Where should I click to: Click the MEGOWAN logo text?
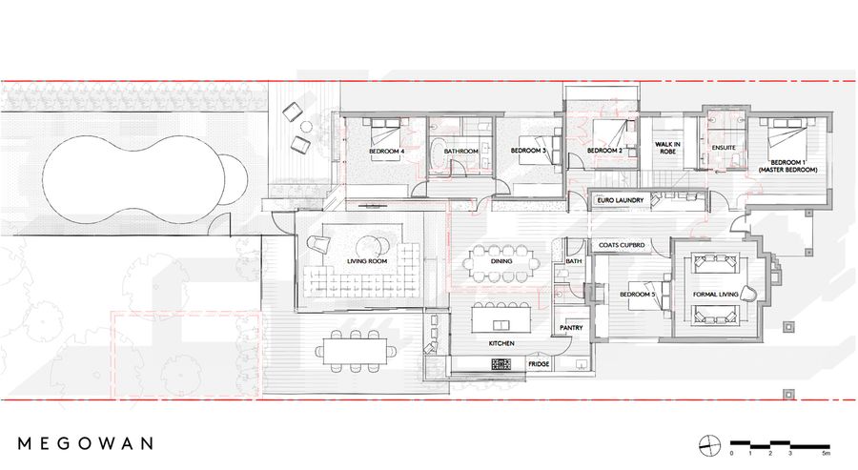86,442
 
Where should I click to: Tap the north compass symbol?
709,445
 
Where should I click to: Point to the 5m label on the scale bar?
827,453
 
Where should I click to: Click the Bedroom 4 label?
386,151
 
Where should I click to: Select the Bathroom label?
460,151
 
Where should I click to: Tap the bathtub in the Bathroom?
437,157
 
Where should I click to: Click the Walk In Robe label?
667,148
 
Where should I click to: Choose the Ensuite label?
724,148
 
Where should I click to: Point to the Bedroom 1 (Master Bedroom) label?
788,166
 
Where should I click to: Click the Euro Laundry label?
621,200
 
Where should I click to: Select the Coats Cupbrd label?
622,245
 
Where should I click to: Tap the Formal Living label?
715,295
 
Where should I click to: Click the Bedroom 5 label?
638,295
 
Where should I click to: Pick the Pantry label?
571,328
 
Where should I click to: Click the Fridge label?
539,364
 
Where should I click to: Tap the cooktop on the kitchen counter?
501,364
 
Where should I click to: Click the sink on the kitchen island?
501,325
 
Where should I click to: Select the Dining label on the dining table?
501,261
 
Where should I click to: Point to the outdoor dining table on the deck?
356,351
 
